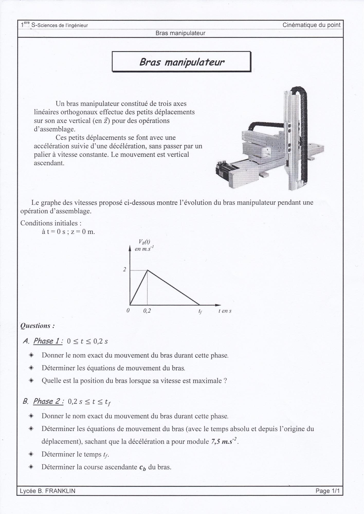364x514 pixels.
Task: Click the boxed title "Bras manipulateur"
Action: click(181, 62)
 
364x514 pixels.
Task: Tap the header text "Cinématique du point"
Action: click(311, 25)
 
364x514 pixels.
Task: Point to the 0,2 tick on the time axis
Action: click(147, 311)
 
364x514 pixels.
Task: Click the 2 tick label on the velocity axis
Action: click(125, 270)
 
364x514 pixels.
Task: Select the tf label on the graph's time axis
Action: click(200, 311)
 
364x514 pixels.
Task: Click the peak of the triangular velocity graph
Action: click(147, 270)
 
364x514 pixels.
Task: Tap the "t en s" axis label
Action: click(225, 311)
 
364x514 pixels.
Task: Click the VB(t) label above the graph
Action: click(144, 242)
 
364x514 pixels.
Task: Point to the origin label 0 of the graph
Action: click(128, 310)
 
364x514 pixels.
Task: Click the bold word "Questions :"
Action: click(38, 326)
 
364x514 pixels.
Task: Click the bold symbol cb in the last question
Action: click(143, 467)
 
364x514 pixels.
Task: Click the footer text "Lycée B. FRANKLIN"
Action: click(48, 491)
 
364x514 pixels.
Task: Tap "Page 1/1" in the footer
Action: click(327, 491)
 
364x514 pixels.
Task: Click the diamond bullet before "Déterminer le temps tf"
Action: click(31, 454)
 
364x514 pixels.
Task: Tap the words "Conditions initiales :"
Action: click(51, 223)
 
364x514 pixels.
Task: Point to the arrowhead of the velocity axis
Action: click(130, 248)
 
